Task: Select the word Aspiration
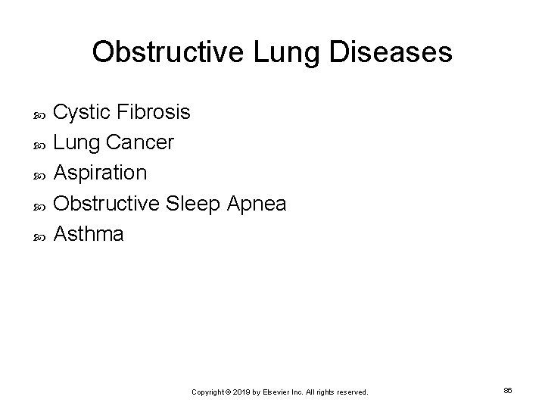[101, 173]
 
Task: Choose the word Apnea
[258, 204]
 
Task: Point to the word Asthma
[90, 234]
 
